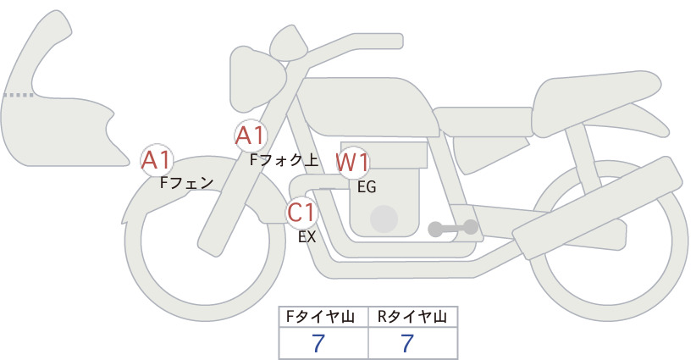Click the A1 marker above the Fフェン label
click(156, 160)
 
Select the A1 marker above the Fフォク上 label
click(251, 136)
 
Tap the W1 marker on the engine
click(352, 163)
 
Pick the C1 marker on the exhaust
click(301, 213)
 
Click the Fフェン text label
click(186, 183)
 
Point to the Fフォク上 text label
click(284, 159)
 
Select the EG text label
click(367, 187)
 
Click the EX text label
click(307, 237)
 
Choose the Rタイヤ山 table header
click(412, 317)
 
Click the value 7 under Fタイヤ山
click(318, 343)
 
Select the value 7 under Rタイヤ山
click(407, 343)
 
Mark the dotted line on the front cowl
click(19, 95)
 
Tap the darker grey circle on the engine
click(384, 219)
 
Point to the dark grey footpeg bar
click(453, 229)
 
